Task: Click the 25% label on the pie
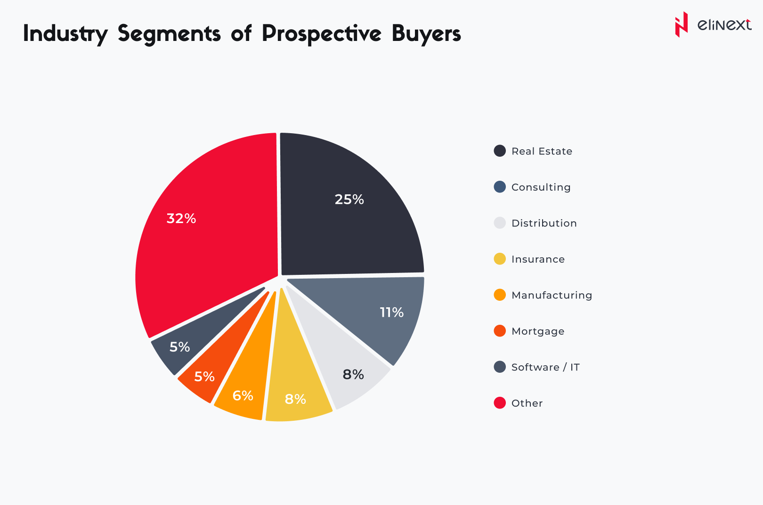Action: [x=349, y=200]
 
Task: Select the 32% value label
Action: [x=181, y=218]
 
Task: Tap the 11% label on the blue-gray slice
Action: [x=391, y=313]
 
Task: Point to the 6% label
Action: [x=243, y=396]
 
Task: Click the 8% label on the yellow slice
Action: [x=295, y=400]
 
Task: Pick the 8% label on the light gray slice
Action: [x=353, y=375]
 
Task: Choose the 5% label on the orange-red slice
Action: [x=204, y=377]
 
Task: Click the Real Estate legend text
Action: [x=542, y=151]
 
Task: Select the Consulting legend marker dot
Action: [x=500, y=187]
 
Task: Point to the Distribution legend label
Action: [x=544, y=223]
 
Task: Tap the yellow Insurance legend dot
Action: [x=500, y=259]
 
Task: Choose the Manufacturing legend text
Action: [x=552, y=295]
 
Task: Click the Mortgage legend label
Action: [x=538, y=331]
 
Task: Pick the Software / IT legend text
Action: [x=545, y=367]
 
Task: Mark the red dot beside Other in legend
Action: [x=500, y=403]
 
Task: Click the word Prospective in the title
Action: [x=322, y=34]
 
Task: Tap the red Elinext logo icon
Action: [x=681, y=24]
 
